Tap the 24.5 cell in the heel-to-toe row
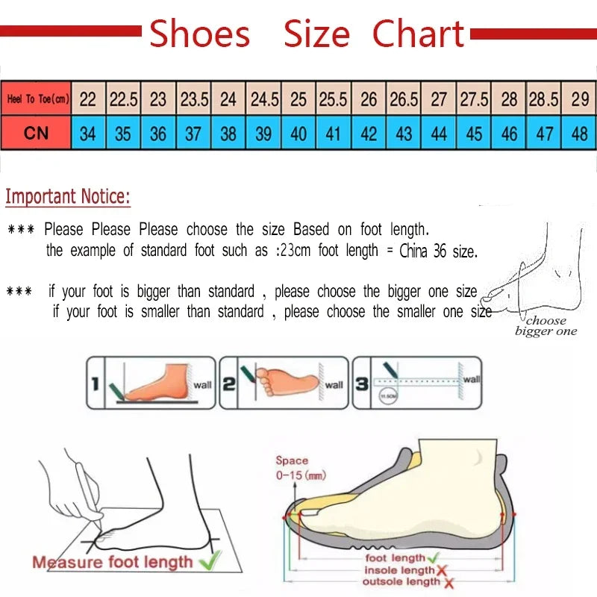pos(264,99)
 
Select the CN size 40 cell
pos(298,134)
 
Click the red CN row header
pos(36,134)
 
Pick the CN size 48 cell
pos(579,134)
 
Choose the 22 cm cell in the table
pos(88,99)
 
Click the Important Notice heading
pos(68,197)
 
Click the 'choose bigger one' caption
pos(546,326)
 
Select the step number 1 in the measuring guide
pos(95,384)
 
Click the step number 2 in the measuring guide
pos(229,384)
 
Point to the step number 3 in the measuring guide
pos(362,384)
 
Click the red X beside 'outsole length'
pos(448,583)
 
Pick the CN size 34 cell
pos(88,134)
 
